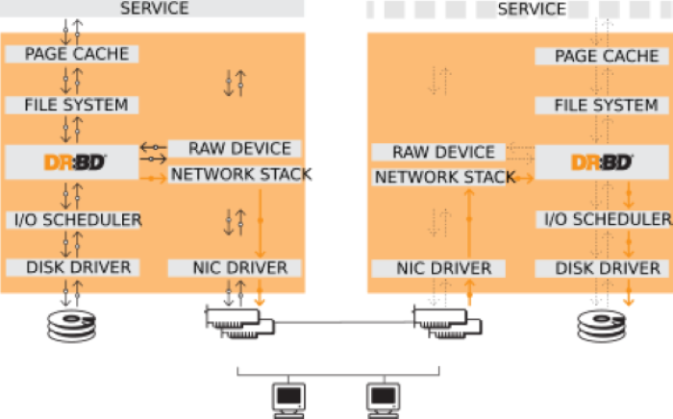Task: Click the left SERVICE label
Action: pos(154,9)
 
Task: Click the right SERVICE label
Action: pos(532,9)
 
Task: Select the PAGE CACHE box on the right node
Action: pos(606,57)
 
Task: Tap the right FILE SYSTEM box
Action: pos(606,105)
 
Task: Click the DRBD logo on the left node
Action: pos(73,162)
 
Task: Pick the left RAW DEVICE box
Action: pos(238,149)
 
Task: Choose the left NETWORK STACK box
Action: pos(240,174)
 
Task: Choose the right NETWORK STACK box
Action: pos(444,177)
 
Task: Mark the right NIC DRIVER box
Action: pos(445,268)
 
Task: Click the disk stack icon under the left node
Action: pos(72,326)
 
